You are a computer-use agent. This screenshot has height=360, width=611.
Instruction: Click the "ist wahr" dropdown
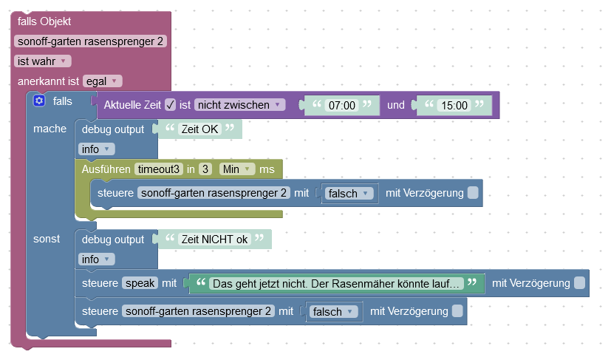point(43,61)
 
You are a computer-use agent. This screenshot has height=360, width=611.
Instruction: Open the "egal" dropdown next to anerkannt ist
point(103,81)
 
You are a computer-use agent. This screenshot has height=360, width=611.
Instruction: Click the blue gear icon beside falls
point(40,101)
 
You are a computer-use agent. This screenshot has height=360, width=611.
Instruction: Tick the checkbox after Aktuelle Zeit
point(170,105)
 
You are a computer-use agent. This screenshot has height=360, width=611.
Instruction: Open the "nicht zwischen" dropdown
point(239,105)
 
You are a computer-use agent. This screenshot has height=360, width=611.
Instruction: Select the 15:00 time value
point(454,106)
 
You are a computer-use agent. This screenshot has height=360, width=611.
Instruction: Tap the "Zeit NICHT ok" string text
point(215,240)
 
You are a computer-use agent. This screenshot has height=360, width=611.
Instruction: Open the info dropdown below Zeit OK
point(97,149)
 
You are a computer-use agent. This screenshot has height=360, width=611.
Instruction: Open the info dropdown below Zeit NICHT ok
point(97,259)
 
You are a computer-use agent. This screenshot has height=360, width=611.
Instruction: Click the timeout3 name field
point(158,169)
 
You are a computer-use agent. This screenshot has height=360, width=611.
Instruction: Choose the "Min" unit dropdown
point(237,169)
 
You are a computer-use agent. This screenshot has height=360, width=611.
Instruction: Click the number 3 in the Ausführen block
point(206,169)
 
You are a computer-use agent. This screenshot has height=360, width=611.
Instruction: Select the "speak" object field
point(140,283)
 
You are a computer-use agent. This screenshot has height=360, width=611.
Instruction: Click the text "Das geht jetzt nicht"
point(336,283)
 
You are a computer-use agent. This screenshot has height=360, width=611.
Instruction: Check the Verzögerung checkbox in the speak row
point(580,283)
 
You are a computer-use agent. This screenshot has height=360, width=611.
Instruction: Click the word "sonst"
point(47,240)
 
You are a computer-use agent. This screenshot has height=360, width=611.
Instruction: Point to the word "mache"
point(50,129)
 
